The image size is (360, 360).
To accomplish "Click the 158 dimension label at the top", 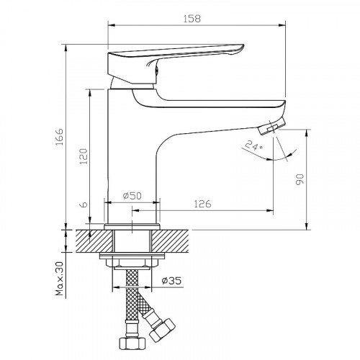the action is (192, 19).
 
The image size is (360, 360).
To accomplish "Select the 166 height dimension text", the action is (59, 137).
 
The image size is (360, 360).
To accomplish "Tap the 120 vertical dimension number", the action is (84, 156).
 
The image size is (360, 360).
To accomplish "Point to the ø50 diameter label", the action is (132, 196).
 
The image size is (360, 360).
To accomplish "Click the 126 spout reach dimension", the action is (202, 204).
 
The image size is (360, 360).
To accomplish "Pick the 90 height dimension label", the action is (300, 179).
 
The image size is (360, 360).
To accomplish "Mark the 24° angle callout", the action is (254, 145).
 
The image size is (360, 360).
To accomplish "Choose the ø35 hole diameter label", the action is (171, 281).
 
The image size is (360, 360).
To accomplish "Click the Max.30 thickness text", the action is (59, 279).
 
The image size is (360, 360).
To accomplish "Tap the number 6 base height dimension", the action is (84, 204).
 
